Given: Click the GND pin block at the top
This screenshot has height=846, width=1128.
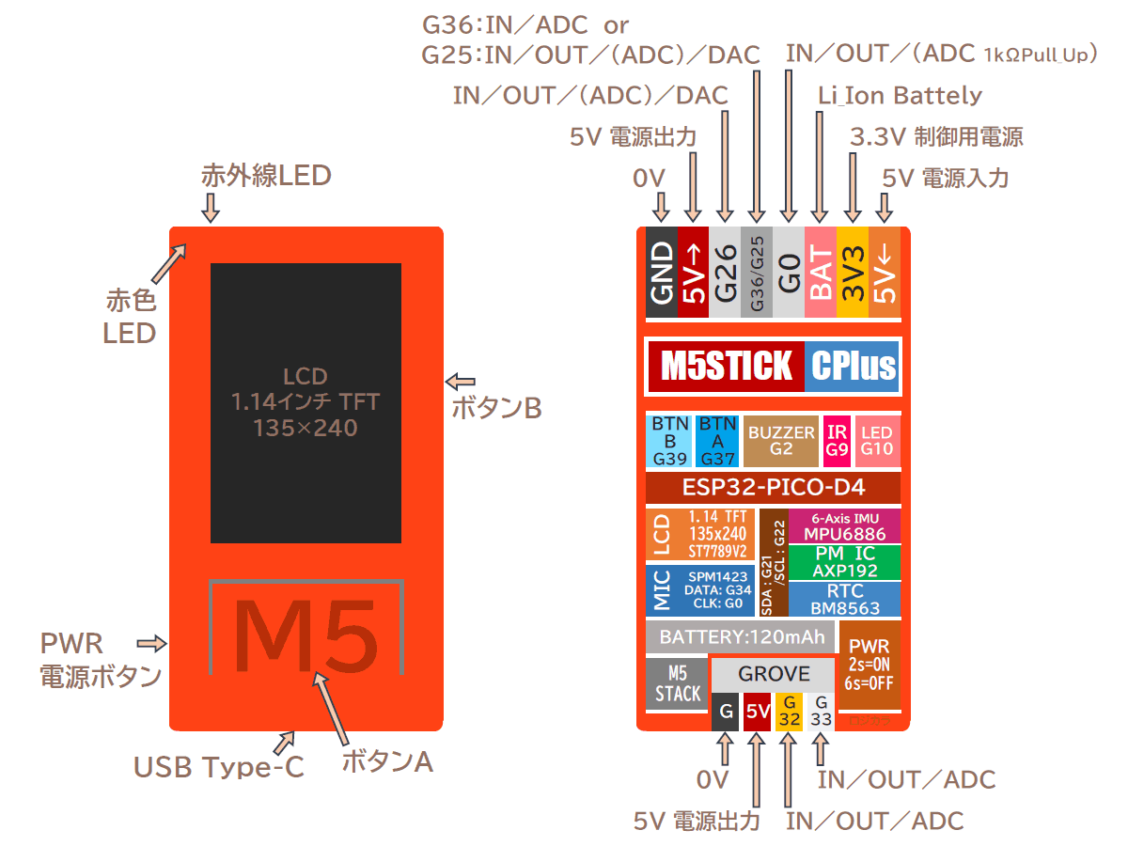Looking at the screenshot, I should pyautogui.click(x=662, y=273).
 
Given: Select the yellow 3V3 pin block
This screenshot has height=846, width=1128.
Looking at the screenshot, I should pyautogui.click(x=852, y=273).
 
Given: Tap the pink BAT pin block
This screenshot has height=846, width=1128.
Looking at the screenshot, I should pyautogui.click(x=821, y=273).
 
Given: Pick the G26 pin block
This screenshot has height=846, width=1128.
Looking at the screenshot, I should pyautogui.click(x=725, y=273).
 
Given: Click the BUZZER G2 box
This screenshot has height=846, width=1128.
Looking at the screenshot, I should pyautogui.click(x=781, y=441).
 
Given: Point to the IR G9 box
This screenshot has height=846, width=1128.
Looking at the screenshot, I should pyautogui.click(x=837, y=441).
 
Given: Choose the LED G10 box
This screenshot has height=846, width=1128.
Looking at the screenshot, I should pyautogui.click(x=876, y=441).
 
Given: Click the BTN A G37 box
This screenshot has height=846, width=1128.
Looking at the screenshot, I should pyautogui.click(x=717, y=441).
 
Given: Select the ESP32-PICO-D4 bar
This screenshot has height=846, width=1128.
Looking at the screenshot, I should pyautogui.click(x=773, y=488).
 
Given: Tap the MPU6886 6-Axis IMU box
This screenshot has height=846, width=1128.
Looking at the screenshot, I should pyautogui.click(x=844, y=527).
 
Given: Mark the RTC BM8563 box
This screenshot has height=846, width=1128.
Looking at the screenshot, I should pyautogui.click(x=844, y=598).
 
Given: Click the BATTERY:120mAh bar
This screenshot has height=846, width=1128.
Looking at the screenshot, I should pyautogui.click(x=741, y=637).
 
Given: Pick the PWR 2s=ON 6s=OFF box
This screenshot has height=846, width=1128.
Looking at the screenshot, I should pyautogui.click(x=869, y=665).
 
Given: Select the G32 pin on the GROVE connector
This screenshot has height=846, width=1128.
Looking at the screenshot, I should pyautogui.click(x=790, y=713).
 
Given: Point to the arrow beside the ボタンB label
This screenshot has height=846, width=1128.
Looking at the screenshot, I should pyautogui.click(x=460, y=381).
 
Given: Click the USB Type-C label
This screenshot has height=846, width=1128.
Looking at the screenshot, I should pyautogui.click(x=219, y=768).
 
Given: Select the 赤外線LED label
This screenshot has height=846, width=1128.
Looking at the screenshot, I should pyautogui.click(x=266, y=175).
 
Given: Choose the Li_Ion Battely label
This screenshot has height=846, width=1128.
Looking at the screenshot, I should pyautogui.click(x=900, y=95).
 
